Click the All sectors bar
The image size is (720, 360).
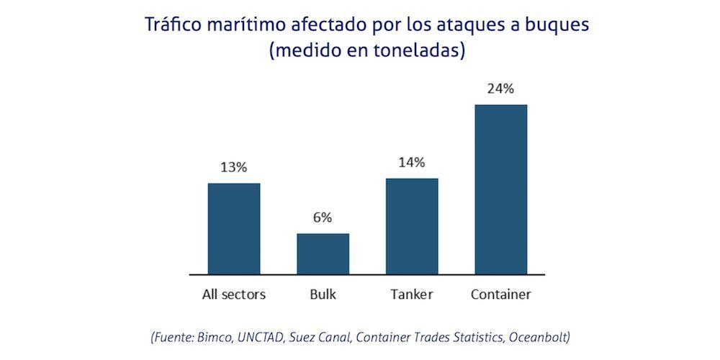click(x=234, y=228)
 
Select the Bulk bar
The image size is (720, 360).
click(x=323, y=253)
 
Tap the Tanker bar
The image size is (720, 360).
click(x=412, y=226)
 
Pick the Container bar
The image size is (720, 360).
click(x=501, y=189)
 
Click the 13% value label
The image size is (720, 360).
click(x=234, y=167)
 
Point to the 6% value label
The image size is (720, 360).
click(x=323, y=217)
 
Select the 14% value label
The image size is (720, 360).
click(x=412, y=162)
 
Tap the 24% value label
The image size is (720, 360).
click(x=501, y=89)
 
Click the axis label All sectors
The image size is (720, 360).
click(x=234, y=294)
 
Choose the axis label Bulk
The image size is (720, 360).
click(x=323, y=294)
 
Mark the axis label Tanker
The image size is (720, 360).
click(x=412, y=294)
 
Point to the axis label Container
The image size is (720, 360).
click(x=501, y=294)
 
